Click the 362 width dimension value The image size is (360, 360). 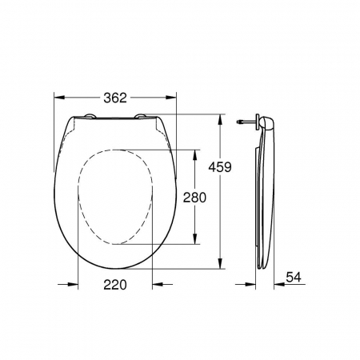115,98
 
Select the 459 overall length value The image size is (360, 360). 220,167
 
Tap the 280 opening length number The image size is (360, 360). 194,198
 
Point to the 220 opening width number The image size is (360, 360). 115,285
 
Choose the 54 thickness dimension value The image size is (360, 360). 294,277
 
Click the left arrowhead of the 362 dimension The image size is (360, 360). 59,98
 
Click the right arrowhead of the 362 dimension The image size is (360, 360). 171,98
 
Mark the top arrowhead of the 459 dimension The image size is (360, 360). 220,120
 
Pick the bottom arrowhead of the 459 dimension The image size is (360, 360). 220,263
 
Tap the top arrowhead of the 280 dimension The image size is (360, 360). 195,155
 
